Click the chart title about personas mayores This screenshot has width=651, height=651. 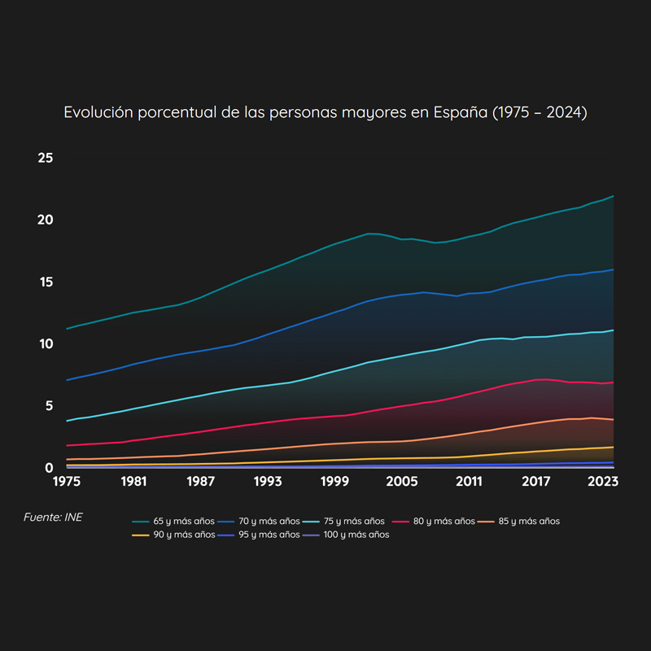tap(325, 112)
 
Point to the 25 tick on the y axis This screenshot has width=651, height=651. tap(46, 157)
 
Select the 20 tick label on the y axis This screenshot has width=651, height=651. tap(46, 220)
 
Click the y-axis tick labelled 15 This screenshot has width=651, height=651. tap(46, 282)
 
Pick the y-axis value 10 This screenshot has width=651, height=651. tap(46, 343)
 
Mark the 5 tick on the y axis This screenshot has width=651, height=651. tap(49, 405)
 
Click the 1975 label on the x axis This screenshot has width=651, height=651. tap(67, 481)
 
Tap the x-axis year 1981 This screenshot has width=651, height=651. tap(133, 481)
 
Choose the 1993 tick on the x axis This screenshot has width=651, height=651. tap(268, 481)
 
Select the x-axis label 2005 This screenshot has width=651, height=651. tap(402, 481)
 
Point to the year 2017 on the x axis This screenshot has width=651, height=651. tap(536, 481)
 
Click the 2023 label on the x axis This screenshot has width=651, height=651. tap(603, 481)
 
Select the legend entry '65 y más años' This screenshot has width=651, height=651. tap(178, 521)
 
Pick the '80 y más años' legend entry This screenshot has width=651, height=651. tap(438, 521)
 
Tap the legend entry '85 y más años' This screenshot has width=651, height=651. tap(522, 521)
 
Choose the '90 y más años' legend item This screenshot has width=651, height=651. tap(178, 535)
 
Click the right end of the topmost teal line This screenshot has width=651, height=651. tap(614, 196)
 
